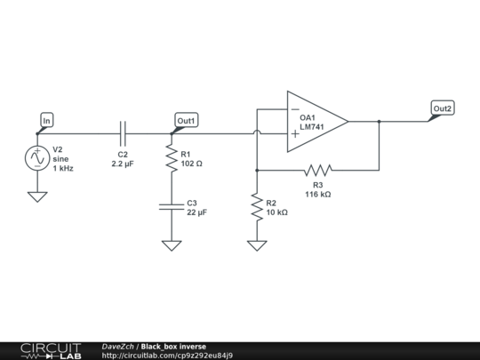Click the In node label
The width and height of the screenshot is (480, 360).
(x=47, y=119)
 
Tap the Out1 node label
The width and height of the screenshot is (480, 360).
(x=186, y=120)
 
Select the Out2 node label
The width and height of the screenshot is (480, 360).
(x=442, y=108)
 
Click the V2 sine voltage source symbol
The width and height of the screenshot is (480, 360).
(x=37, y=158)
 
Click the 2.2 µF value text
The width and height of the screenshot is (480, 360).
(x=123, y=164)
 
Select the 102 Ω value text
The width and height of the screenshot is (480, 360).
(x=192, y=164)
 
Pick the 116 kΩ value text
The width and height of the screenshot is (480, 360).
(x=318, y=194)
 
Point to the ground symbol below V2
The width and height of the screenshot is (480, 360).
(x=37, y=196)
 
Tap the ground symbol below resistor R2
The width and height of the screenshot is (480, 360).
(x=256, y=244)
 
